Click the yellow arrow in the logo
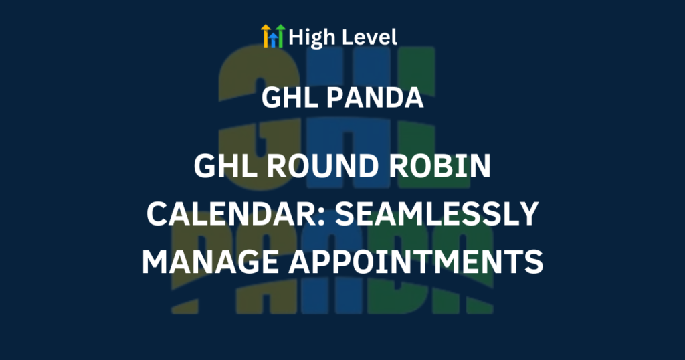[266, 36]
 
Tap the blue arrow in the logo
[273, 39]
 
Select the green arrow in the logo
[280, 36]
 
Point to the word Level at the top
[369, 37]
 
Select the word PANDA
[375, 98]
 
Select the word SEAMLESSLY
[436, 214]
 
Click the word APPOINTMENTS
[416, 262]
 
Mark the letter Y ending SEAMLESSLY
[528, 214]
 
